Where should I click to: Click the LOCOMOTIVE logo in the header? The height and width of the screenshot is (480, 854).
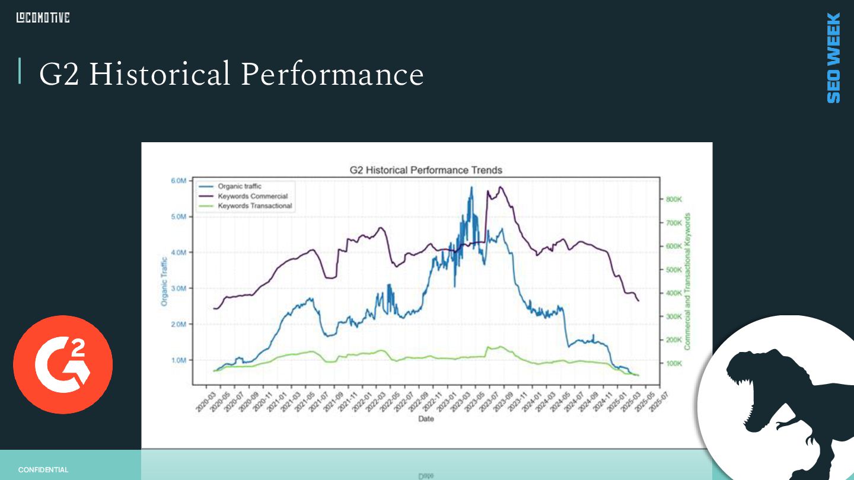point(43,18)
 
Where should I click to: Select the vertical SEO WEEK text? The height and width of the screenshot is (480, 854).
point(833,57)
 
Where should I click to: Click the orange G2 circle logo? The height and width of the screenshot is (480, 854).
point(63,364)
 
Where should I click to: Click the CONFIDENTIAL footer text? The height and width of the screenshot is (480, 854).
point(43,470)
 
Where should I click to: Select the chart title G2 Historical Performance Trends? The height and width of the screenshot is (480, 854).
point(426,170)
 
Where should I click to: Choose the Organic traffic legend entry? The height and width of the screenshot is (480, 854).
point(239,186)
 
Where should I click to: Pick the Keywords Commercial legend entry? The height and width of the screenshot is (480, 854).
point(252,196)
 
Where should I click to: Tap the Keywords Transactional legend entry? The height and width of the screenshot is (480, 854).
point(254,206)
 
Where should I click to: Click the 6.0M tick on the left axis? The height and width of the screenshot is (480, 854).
point(179,181)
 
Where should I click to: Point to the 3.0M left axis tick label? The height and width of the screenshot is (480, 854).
point(179,289)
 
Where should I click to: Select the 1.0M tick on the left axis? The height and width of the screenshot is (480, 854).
point(179,360)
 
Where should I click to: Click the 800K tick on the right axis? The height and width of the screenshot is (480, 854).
point(674,200)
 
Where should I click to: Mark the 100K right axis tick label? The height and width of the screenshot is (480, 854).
point(674,363)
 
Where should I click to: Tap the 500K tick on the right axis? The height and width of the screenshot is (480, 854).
point(674,270)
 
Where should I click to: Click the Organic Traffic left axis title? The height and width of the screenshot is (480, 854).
point(164,281)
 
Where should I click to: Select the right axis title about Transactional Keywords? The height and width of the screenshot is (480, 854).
point(688,281)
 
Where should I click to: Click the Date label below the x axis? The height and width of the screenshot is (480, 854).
point(426,419)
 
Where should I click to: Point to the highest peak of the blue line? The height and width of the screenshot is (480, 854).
point(472,187)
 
